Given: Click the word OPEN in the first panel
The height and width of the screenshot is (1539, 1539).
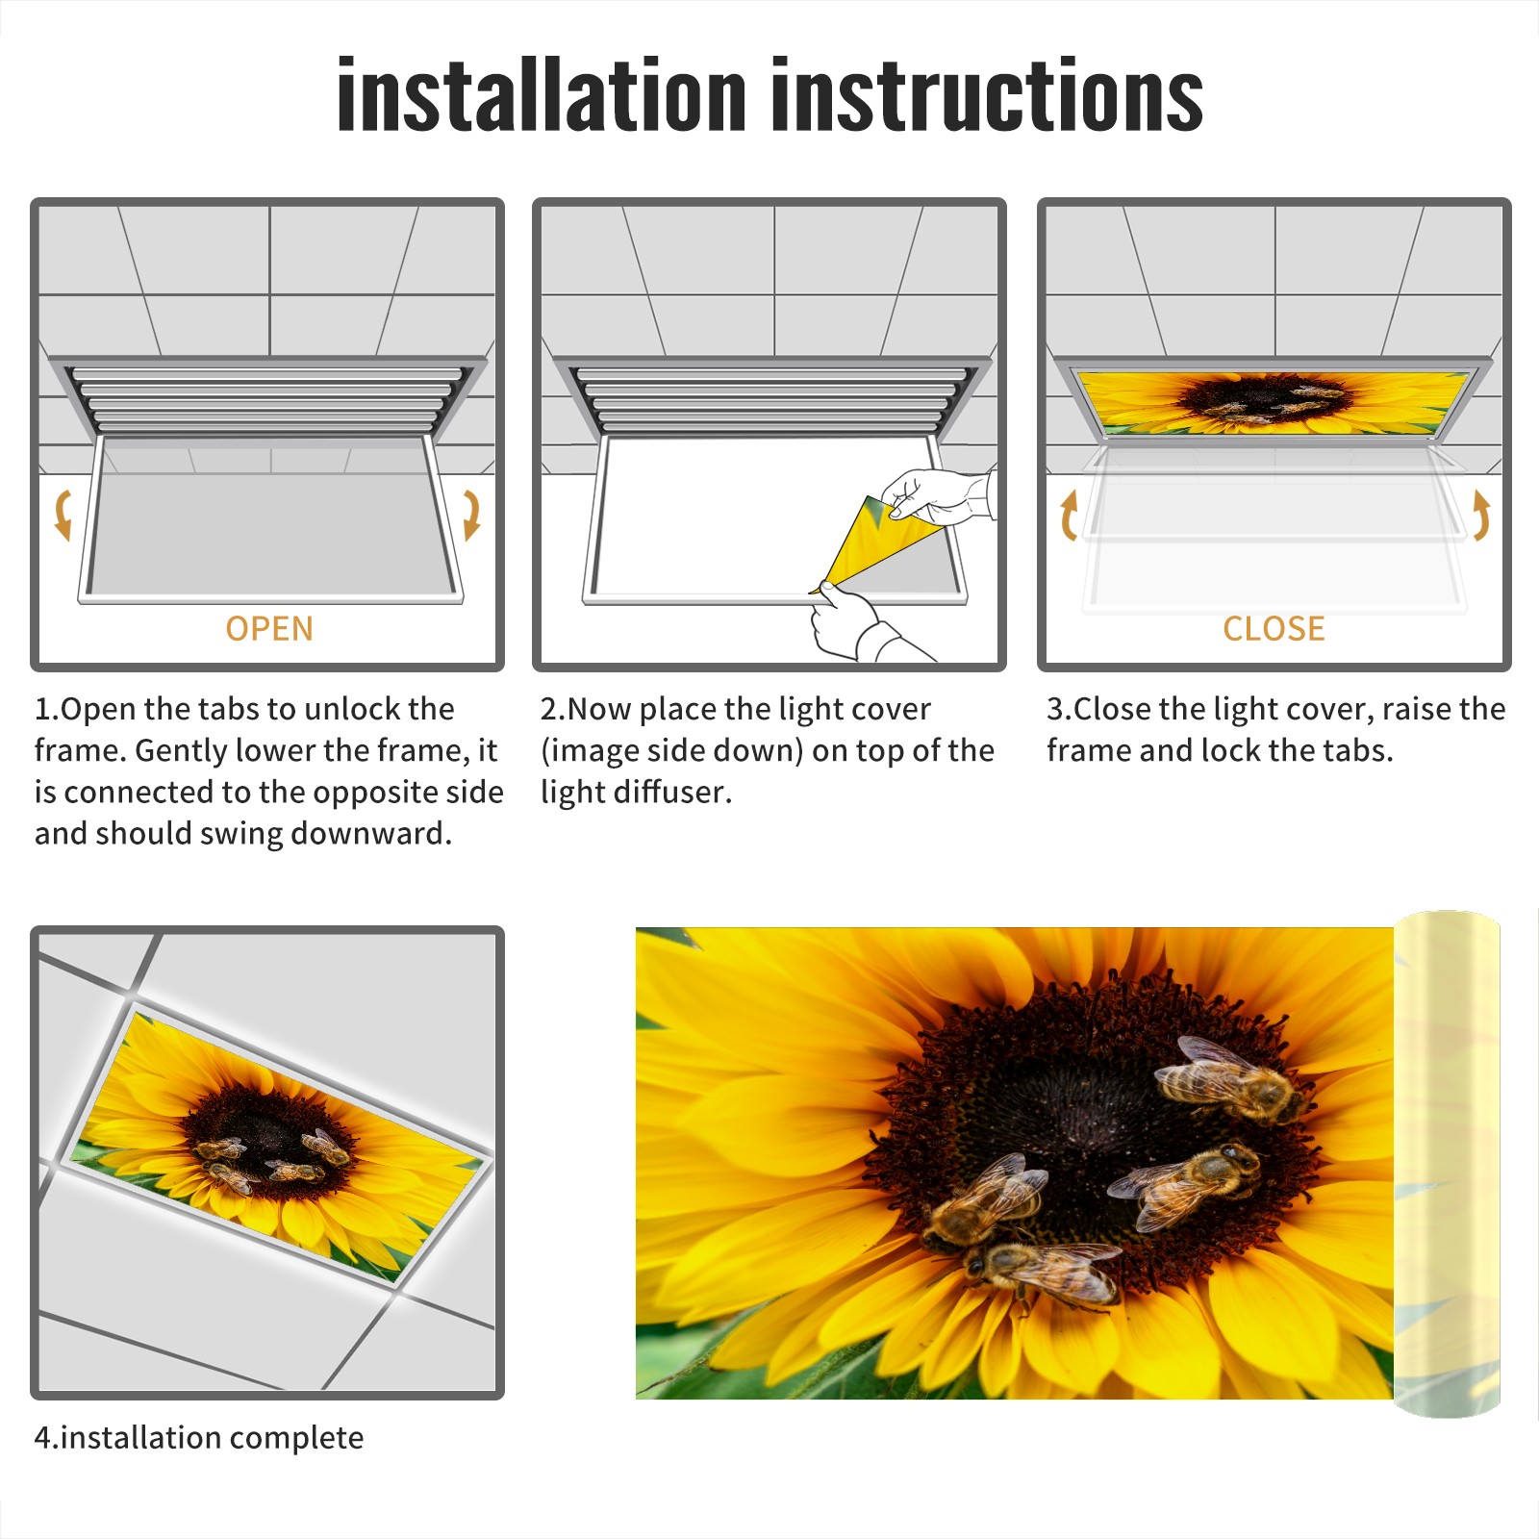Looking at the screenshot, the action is (269, 628).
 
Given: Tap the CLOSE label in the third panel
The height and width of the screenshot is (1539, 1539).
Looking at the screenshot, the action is (1274, 628).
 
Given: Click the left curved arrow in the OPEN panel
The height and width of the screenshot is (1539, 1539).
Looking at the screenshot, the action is (63, 515).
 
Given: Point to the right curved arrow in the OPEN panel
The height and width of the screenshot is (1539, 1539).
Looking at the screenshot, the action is (471, 515).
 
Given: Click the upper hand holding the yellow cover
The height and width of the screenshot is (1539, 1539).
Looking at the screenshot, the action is (938, 496).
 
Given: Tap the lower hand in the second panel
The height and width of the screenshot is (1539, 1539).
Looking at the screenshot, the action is (861, 625).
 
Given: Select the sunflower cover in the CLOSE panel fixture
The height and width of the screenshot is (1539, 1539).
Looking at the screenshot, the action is (1273, 402).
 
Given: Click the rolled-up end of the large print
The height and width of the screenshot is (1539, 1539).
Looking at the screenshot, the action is (1447, 1164).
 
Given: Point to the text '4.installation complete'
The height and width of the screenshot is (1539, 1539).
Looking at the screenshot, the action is (199, 1437).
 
